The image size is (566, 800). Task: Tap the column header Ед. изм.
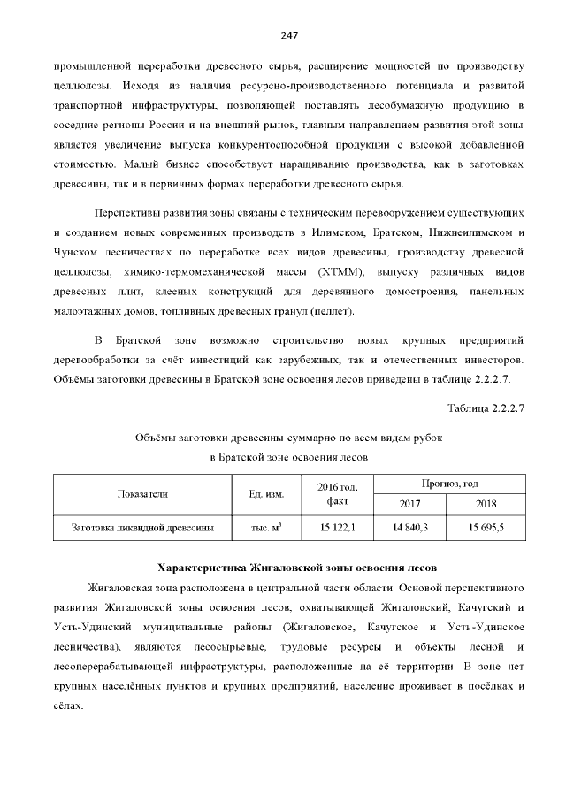click(x=260, y=492)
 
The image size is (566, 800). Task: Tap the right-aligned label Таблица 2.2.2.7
click(x=486, y=408)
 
